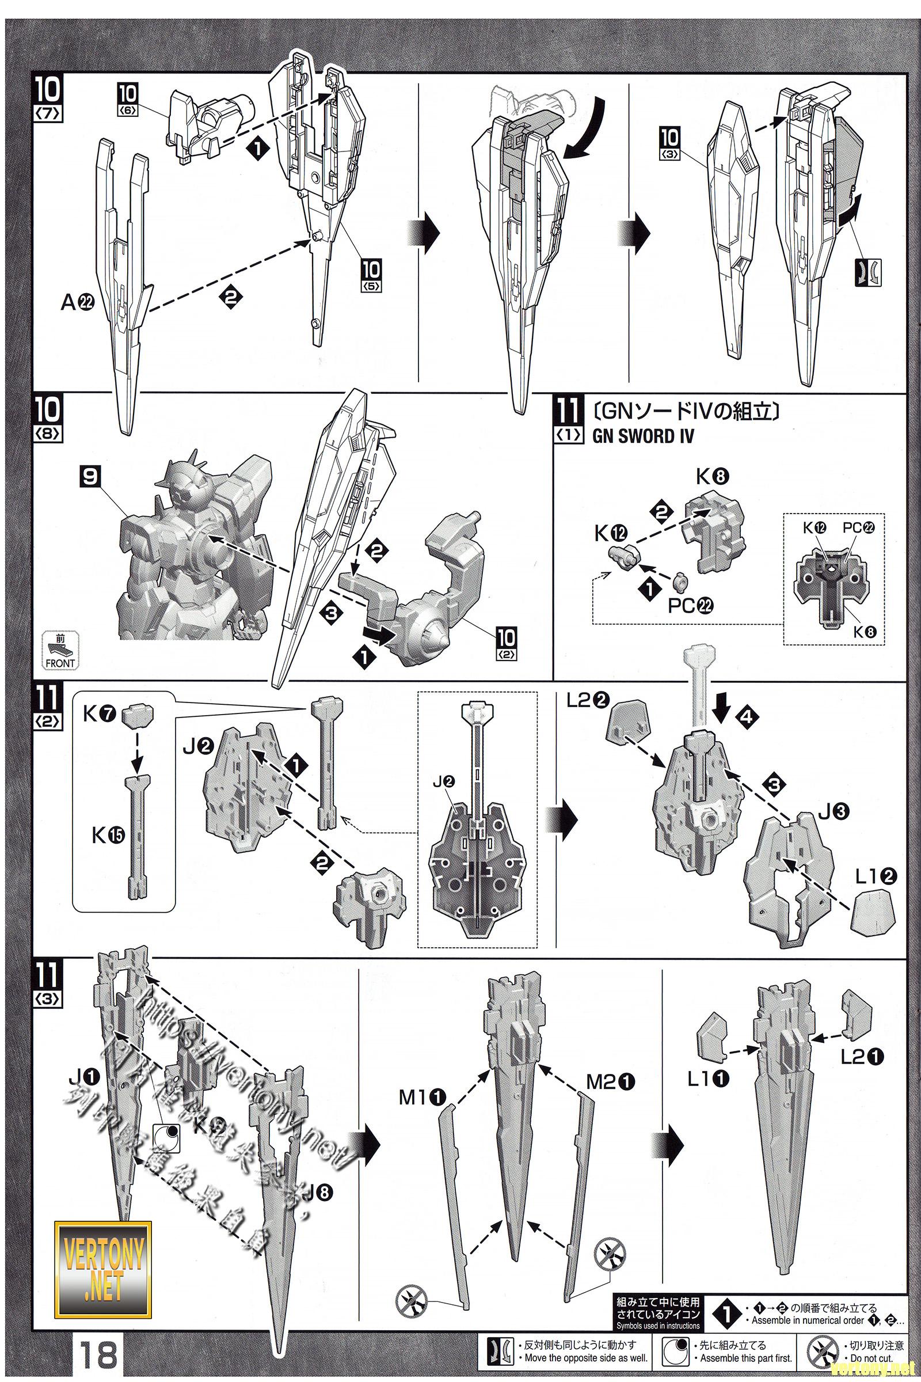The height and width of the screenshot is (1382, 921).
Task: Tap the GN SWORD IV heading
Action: [x=642, y=436]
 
